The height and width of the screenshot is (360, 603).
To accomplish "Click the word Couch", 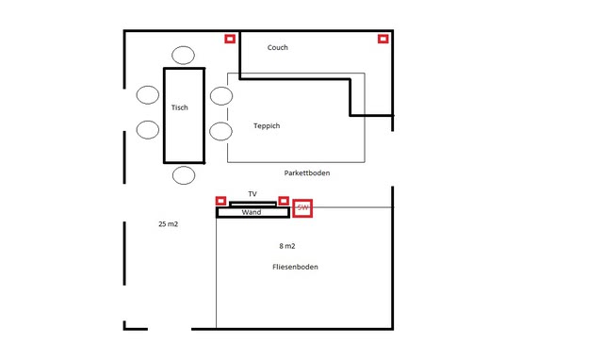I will tap(277, 47).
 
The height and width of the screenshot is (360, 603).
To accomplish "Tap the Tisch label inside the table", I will tap(179, 107).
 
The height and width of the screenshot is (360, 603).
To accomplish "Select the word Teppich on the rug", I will tap(267, 125).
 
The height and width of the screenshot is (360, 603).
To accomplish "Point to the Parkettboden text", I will tap(307, 173).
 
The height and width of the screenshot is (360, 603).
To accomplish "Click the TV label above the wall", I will tap(253, 194).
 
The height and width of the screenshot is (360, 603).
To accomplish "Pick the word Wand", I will tap(252, 213).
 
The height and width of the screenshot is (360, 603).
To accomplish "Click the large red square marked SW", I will tap(302, 207).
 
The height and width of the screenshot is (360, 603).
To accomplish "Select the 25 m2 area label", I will tap(169, 224).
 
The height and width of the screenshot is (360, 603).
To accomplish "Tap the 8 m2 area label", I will tap(289, 245).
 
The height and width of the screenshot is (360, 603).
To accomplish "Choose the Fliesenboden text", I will tap(295, 267).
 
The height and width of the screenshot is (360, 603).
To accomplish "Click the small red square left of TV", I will tap(220, 201).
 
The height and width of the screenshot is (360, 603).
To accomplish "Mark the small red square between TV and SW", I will tap(284, 201).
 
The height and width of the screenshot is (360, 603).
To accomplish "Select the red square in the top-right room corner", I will tap(383, 39).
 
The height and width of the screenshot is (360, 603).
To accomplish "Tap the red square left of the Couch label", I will tap(229, 39).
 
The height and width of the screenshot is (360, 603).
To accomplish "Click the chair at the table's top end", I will tap(183, 55).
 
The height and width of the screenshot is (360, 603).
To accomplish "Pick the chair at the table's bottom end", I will tap(183, 175).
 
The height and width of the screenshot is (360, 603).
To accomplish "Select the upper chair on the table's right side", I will tap(220, 95).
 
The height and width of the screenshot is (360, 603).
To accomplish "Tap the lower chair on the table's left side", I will tap(147, 130).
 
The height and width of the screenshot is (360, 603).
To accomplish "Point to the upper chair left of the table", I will tap(147, 95).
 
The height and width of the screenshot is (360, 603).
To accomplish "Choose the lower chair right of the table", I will tap(220, 130).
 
